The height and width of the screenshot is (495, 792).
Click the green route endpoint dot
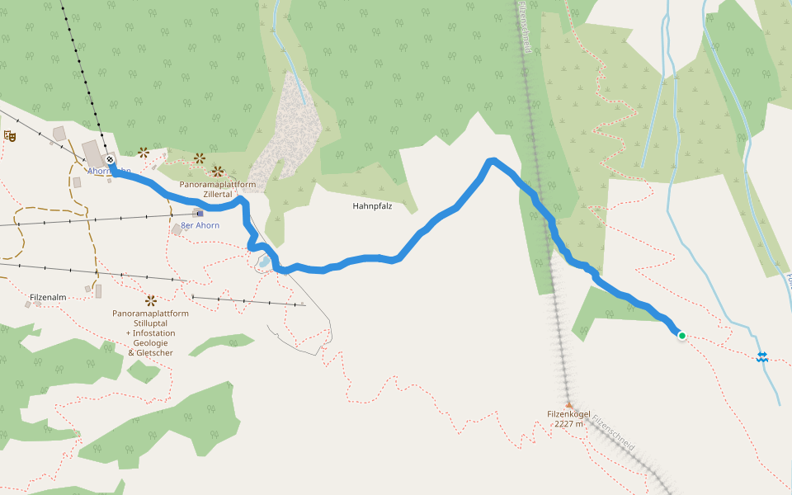coord(682,335)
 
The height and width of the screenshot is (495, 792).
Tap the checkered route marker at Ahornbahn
coord(110,160)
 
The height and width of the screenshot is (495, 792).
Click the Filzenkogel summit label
coord(568,413)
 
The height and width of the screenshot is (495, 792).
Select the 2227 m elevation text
coord(568,424)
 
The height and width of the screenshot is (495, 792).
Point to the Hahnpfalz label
coord(371,206)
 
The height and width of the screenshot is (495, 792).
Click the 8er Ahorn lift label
coord(200,225)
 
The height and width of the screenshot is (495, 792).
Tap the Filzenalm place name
coord(47,296)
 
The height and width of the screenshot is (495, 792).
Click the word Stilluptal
coord(152,323)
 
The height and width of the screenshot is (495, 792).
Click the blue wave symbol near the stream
coord(762,356)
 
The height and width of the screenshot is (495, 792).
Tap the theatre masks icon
coord(10,135)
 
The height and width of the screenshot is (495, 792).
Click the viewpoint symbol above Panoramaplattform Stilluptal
coord(150,301)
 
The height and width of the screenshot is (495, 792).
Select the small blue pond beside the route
coord(263,262)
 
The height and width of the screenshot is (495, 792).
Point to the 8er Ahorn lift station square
coord(200,213)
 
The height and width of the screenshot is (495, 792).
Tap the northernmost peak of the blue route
coord(492,160)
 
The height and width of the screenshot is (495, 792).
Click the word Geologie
coord(151,343)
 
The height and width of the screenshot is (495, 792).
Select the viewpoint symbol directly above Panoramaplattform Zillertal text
coord(218,172)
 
